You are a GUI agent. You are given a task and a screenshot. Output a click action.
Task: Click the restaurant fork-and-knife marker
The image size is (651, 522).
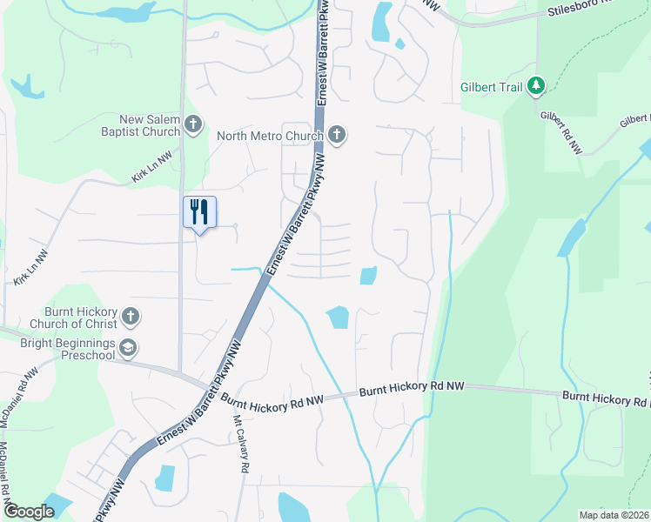199,211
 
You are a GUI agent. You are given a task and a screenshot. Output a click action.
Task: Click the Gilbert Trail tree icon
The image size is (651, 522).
538,85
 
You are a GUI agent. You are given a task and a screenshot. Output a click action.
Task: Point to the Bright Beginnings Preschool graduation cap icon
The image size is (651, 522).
129,348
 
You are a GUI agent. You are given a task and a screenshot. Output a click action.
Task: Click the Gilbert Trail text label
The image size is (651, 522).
492,86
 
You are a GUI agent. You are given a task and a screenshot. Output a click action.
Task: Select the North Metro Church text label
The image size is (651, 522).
270,136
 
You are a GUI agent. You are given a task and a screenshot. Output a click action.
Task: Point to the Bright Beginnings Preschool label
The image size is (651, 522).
67,349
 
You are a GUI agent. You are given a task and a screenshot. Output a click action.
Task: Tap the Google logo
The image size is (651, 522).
29,512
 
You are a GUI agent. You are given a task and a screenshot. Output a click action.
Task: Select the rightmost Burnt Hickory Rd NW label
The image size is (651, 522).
606,399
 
